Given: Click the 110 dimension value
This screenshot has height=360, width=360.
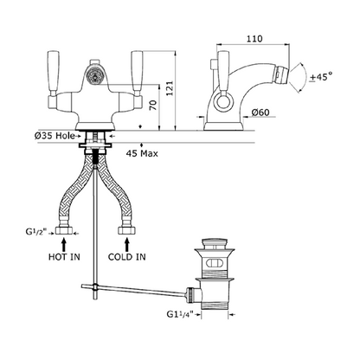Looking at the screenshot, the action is (254, 39).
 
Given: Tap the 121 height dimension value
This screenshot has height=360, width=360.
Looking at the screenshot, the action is (170, 88).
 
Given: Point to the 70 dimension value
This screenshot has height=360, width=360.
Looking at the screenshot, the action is (153, 105).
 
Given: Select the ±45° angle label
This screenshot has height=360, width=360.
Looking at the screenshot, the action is (320, 77).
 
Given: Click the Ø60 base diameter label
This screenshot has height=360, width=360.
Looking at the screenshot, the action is (260, 112).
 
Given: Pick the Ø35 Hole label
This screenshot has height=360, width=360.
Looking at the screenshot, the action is (55, 136).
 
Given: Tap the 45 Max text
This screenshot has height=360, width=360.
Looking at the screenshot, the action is (142, 153).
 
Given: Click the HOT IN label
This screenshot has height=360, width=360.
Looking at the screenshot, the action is (64, 257).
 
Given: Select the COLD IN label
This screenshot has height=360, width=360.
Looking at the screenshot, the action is (127, 257).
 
